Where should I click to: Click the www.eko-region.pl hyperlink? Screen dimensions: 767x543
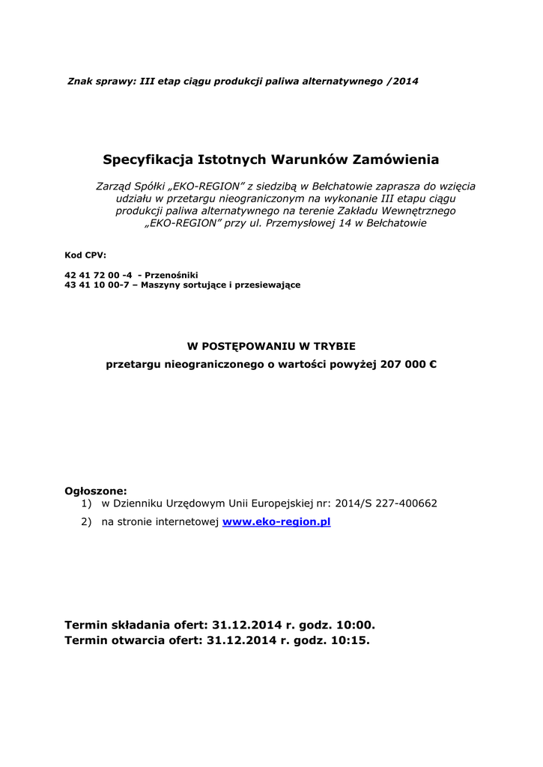tap(276, 521)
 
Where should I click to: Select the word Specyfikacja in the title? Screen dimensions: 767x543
tap(148, 160)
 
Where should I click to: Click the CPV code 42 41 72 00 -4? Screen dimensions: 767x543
tap(98, 275)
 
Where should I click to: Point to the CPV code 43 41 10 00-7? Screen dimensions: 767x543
tap(97, 285)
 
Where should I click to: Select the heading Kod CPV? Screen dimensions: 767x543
tap(85, 255)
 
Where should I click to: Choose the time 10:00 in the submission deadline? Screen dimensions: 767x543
tap(356, 623)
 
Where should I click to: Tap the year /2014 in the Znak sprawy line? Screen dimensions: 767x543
tap(403, 80)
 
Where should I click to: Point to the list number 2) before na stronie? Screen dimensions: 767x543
tap(87, 521)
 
